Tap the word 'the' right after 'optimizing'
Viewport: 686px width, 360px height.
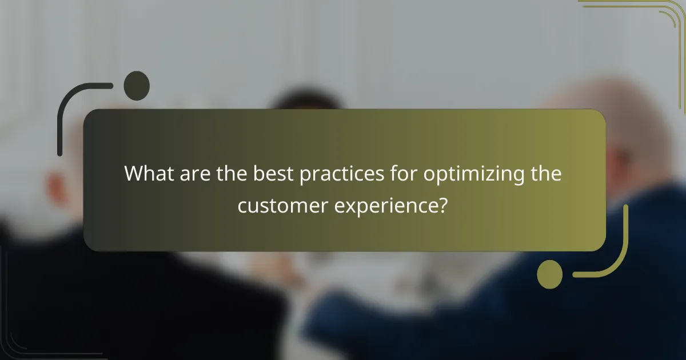544,174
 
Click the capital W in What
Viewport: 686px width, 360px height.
133,174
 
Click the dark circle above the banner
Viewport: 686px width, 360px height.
137,86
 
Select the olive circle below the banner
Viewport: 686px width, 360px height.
550,274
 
